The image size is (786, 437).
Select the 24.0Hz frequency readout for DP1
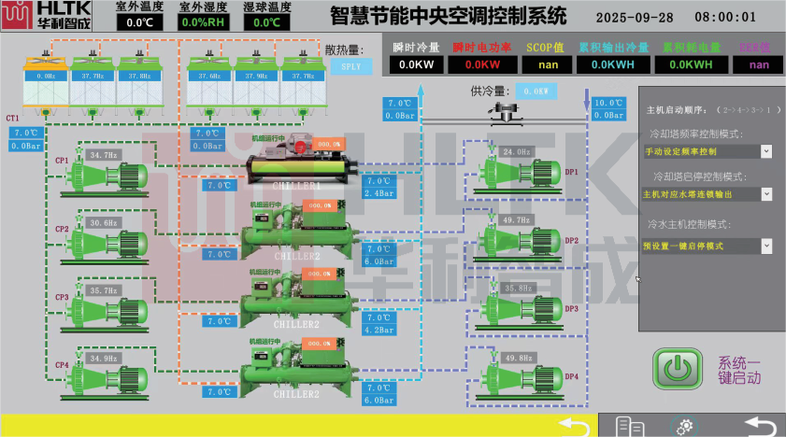(517, 151)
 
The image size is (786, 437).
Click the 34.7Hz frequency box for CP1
(104, 155)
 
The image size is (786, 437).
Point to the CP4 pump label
(62, 365)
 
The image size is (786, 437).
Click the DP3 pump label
(572, 308)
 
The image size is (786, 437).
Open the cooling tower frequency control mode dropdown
(765, 151)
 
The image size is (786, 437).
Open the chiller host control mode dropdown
(765, 246)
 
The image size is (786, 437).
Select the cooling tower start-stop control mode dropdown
(765, 194)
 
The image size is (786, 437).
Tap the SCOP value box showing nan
(546, 64)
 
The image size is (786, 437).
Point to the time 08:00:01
(725, 17)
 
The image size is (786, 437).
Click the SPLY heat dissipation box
(351, 66)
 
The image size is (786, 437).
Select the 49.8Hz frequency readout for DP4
(517, 358)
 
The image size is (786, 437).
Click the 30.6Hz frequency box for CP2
(104, 223)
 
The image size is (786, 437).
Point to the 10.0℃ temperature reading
(608, 104)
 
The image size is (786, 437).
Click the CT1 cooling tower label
(13, 119)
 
